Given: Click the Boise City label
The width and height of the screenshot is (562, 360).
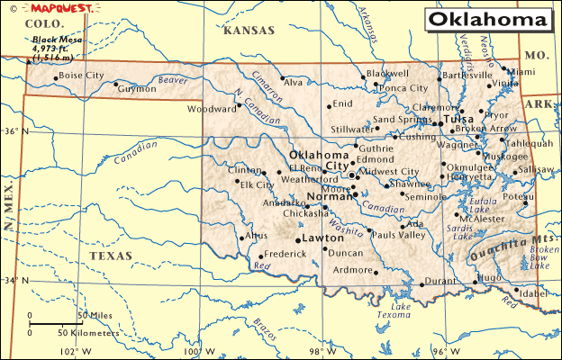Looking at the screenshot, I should coord(81,76).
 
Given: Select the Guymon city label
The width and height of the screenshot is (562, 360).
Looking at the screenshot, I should coord(137,90).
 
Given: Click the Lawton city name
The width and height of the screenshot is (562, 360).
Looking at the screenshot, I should coord(322,238).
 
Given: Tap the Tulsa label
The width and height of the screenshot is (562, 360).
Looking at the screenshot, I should coord(458,119).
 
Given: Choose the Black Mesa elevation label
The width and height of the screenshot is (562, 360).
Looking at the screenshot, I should coord(56,49).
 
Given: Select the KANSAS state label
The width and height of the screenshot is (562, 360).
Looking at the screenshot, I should coord(249,31).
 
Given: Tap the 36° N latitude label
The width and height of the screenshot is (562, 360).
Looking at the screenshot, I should coord(11,131).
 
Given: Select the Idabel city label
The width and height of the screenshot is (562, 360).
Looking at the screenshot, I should coord(534,293).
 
